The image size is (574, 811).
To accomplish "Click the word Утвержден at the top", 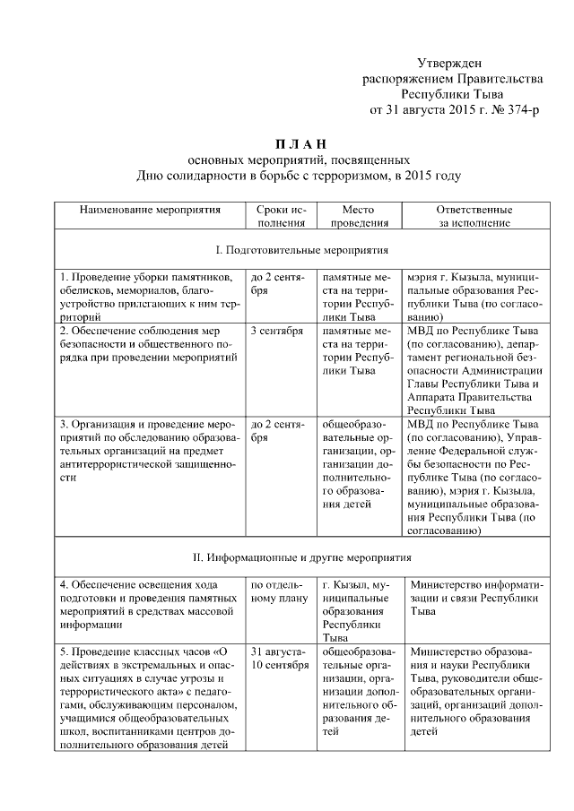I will (450, 63).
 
